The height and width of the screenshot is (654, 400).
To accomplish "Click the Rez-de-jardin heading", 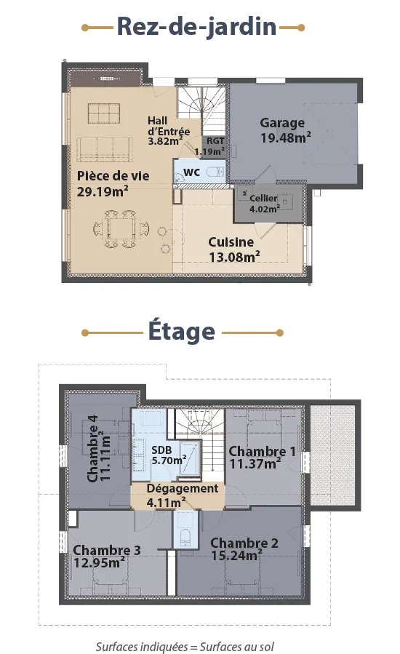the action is [196, 28].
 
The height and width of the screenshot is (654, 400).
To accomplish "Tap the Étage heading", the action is [182, 331].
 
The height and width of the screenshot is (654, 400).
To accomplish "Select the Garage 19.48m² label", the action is [286, 130].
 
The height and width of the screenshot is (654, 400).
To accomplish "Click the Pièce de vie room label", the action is [113, 183].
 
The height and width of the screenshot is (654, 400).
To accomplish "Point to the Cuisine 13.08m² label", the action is [234, 250].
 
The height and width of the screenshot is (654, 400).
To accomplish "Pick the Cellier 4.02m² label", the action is [265, 204].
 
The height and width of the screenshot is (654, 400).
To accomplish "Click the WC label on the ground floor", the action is [191, 172].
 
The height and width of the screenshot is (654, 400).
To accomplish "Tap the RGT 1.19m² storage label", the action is [211, 146].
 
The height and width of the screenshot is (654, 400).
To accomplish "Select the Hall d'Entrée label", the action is [169, 130].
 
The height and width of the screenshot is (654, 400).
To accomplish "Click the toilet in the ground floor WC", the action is [216, 172].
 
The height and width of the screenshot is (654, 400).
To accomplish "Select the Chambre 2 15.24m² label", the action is [244, 549].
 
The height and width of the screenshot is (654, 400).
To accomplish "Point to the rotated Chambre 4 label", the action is [99, 448].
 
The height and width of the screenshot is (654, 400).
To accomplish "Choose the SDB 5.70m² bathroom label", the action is [169, 455].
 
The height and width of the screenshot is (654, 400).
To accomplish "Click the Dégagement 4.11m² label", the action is [183, 495].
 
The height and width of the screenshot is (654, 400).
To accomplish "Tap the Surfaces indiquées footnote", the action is [185, 647].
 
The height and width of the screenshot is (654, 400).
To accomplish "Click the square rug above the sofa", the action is [104, 113].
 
